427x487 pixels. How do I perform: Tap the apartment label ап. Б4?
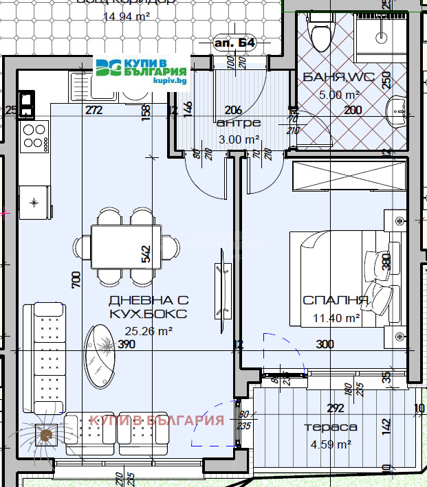tap(235, 43)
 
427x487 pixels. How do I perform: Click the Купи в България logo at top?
tap(142, 71)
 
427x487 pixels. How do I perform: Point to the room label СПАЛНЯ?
tap(336, 301)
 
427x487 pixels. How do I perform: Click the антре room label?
tap(238, 123)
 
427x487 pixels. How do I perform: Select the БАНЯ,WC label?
tap(338, 78)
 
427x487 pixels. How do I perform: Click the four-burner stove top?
tap(34, 137)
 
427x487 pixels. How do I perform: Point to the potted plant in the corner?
tap(46, 435)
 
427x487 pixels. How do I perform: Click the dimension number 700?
tap(76, 279)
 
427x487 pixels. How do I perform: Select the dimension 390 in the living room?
tap(127, 344)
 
